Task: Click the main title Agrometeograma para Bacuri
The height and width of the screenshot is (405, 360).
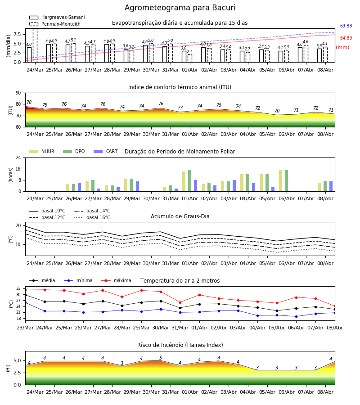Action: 180,8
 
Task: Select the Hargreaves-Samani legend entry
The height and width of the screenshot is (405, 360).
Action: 57,17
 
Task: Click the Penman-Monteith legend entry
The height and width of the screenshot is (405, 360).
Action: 55,24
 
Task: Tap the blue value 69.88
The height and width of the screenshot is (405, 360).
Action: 346,26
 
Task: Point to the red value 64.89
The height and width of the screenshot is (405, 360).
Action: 346,38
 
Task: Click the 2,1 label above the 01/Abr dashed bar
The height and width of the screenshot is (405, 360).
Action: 189,52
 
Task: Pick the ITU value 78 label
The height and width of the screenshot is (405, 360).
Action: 29,102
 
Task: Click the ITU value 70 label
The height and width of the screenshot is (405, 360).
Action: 277,111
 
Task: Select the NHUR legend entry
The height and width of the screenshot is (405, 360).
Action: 42,151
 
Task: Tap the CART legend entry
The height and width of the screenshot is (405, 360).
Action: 106,151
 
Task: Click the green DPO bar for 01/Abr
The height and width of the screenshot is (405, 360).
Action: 189,181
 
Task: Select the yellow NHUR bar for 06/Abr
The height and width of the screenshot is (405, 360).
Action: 280,181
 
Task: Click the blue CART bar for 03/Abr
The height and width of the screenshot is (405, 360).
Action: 234,186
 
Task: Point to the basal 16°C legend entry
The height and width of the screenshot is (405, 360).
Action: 92,217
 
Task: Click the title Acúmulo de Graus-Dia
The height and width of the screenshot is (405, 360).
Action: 180,216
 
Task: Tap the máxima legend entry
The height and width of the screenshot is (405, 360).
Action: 116,280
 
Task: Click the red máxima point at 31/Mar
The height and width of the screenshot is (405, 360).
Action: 180,302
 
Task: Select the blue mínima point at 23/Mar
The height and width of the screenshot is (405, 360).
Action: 25,302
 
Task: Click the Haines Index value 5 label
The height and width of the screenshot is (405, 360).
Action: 161,358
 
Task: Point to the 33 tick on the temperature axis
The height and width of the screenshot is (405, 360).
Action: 18,288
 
